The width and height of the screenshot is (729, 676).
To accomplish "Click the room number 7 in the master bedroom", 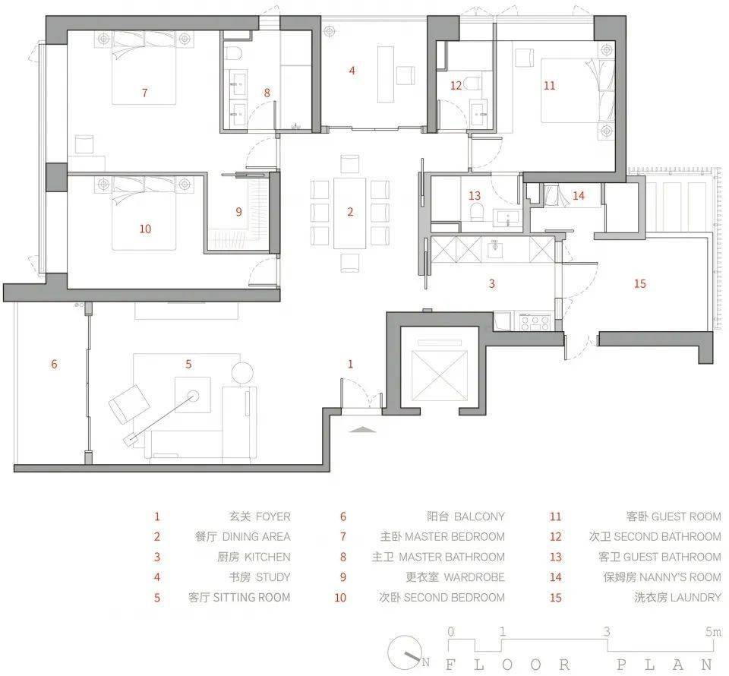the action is (x=145, y=93).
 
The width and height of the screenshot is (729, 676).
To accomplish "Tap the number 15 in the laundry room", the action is (x=639, y=283).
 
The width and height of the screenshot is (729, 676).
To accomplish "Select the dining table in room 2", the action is (x=349, y=213).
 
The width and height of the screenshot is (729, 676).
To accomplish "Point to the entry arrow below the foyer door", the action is (x=363, y=429).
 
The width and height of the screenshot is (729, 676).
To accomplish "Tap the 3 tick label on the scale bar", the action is (x=607, y=631).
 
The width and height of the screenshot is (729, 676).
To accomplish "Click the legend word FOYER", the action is (x=273, y=516).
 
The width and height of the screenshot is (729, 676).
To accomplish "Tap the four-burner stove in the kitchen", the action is (x=535, y=322).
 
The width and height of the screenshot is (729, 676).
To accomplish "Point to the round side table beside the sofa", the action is (x=242, y=373).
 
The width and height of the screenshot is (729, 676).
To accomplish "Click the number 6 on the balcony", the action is (x=55, y=364).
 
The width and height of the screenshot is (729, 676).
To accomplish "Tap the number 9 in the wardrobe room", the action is (x=239, y=212).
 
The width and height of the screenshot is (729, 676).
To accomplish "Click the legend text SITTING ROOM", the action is (x=251, y=598).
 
